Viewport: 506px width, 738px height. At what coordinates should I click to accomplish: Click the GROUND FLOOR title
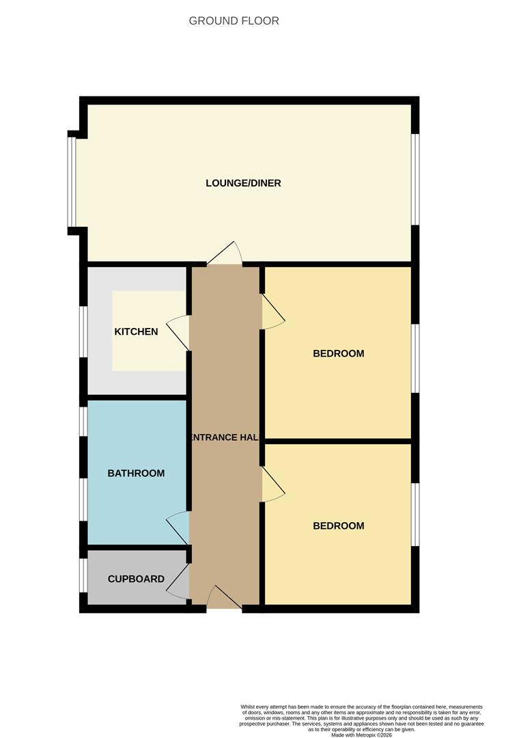(x=234, y=21)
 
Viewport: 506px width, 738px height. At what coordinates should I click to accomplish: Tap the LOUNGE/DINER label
(x=243, y=183)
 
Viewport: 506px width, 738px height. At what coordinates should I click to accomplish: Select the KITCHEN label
(x=136, y=332)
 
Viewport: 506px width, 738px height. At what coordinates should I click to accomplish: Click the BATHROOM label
(x=136, y=473)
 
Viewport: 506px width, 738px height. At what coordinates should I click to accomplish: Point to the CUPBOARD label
(x=136, y=579)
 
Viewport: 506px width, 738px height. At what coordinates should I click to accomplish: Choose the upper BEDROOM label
(x=338, y=353)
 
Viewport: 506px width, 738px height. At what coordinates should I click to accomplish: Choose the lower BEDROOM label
(x=338, y=525)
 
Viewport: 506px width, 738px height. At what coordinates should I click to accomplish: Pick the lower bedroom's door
(x=272, y=484)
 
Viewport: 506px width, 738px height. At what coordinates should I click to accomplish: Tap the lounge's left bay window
(x=72, y=181)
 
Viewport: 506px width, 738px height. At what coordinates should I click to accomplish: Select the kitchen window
(x=83, y=331)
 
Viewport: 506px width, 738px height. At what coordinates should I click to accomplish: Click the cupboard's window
(x=83, y=575)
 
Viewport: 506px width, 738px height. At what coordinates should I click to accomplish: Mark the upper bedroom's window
(x=415, y=358)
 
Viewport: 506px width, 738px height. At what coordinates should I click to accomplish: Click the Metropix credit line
(x=361, y=735)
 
